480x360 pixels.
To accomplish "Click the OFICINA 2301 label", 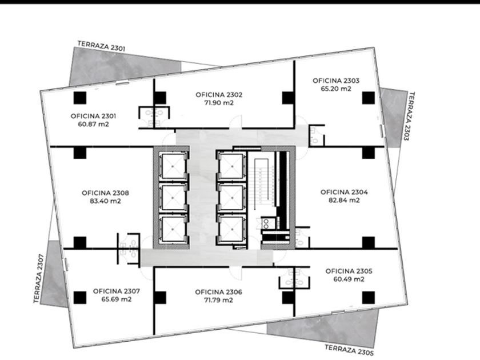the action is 93,116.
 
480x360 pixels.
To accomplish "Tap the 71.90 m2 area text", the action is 219,103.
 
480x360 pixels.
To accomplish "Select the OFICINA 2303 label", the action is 336,81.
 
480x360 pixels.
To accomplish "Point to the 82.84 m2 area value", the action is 344,200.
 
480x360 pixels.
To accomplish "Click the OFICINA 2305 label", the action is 349,271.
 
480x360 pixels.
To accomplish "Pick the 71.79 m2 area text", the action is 218,300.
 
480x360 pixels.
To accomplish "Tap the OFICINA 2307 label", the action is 117,291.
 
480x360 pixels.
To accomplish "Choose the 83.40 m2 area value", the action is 105,201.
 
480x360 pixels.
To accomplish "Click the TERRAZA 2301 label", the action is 101,46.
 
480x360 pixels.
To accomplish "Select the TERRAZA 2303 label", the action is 409,116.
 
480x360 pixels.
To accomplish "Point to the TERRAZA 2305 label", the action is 349,350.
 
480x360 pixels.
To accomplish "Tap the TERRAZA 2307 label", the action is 39,279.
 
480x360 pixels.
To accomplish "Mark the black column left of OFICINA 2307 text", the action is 80,297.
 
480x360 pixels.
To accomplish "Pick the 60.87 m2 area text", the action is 93,125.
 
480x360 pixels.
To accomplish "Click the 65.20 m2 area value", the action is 336,89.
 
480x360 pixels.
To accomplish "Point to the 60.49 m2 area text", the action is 349,279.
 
